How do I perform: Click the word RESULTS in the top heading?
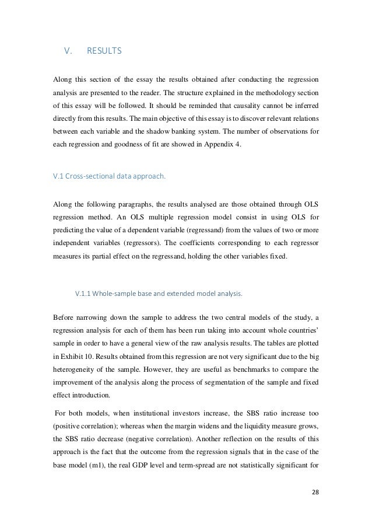pyautogui.click(x=104, y=51)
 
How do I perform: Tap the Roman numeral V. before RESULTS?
pyautogui.click(x=67, y=51)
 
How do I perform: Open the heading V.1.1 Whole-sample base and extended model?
pyautogui.click(x=158, y=294)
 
